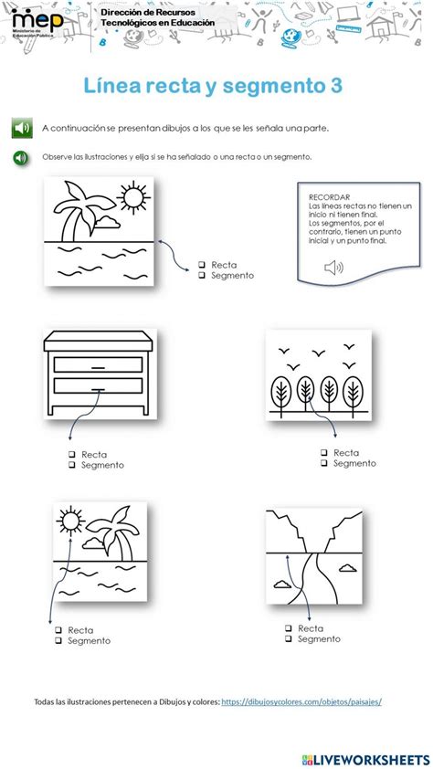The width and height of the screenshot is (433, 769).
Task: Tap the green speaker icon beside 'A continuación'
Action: pos(22,128)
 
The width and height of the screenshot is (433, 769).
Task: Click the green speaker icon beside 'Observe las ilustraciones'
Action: pos(21,157)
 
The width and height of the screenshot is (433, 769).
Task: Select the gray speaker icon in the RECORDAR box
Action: pos(334,267)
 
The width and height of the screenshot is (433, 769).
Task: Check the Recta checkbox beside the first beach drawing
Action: pos(203,265)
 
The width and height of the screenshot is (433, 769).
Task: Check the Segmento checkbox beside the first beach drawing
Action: pos(203,276)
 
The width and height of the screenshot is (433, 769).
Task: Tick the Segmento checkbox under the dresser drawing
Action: pos(72,465)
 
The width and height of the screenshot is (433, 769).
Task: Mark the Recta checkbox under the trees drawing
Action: pos(324,452)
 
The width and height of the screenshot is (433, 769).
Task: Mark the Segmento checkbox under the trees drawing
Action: pos(324,463)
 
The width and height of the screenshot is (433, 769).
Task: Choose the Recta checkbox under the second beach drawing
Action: pos(58,630)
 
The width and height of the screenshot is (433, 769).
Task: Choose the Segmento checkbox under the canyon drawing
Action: pos(289,639)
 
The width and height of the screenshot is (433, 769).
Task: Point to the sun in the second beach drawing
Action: pos(71,517)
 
